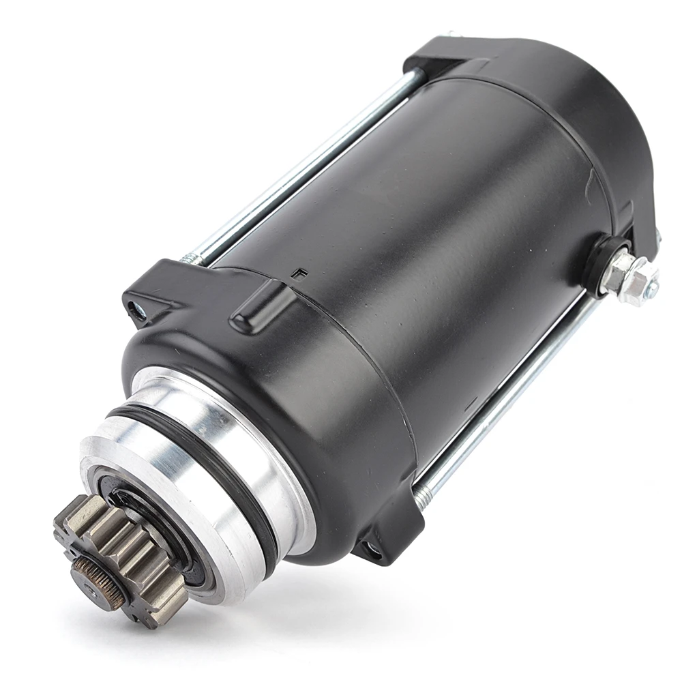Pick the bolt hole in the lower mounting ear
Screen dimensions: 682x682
[x=372, y=546]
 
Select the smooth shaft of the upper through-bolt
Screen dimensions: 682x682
[x=307, y=170]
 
